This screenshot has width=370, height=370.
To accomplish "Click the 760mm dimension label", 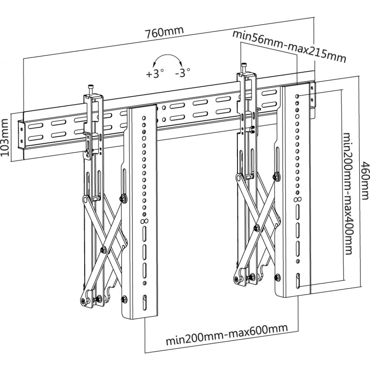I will coord(164,32).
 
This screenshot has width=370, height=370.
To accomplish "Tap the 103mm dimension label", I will coord(5,137).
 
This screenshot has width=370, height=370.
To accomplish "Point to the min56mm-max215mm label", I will coord(289,47).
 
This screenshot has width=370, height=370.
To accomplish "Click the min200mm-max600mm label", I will coord(226,328).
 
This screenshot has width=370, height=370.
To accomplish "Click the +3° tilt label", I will coord(155,73).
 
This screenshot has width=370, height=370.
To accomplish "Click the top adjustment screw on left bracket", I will coord(91,89).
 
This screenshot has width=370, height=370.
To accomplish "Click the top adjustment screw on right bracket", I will coord(244,68).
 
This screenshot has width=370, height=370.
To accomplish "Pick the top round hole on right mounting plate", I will coord(297,95).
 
